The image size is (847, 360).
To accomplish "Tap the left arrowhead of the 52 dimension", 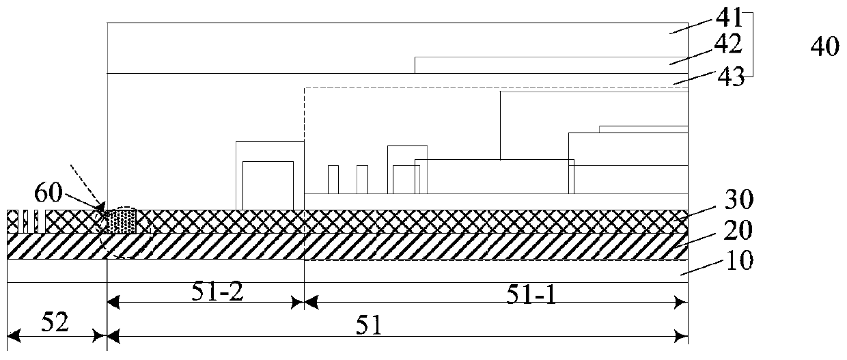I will tap(12, 335).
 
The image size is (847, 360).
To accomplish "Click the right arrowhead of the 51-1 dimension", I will tap(681, 302).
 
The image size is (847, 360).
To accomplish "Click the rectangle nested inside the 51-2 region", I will tap(268, 185).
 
